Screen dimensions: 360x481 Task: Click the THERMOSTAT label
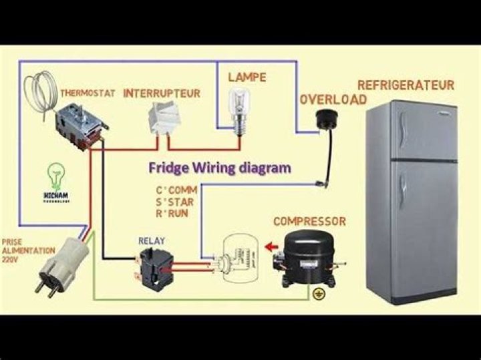point(86,93)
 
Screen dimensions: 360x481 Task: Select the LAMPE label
point(247,77)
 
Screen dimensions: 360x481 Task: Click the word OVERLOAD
point(333,100)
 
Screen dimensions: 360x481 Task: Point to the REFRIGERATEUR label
point(406,85)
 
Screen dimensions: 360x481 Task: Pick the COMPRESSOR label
point(310,221)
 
